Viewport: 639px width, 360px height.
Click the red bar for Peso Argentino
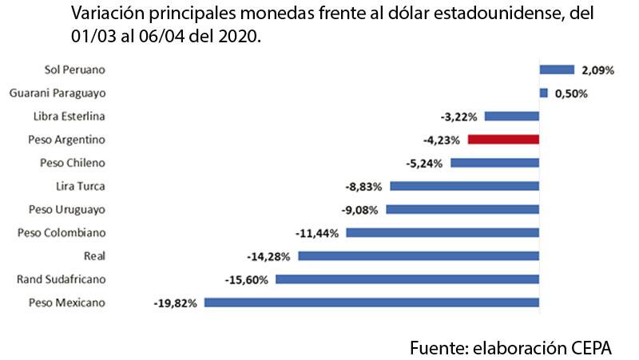tap(503, 139)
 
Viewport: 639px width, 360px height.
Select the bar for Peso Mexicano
tap(372, 303)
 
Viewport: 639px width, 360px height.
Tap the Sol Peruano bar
tap(557, 69)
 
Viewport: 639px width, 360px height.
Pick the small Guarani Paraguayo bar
tap(544, 93)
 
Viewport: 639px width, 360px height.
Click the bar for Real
tap(419, 256)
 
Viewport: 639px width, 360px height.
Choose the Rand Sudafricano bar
tap(407, 279)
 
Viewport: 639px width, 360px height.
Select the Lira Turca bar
tap(464, 186)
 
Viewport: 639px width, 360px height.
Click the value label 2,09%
tap(597, 70)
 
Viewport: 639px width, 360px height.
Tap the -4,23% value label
tap(442, 140)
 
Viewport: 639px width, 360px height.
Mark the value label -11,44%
tap(318, 233)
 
